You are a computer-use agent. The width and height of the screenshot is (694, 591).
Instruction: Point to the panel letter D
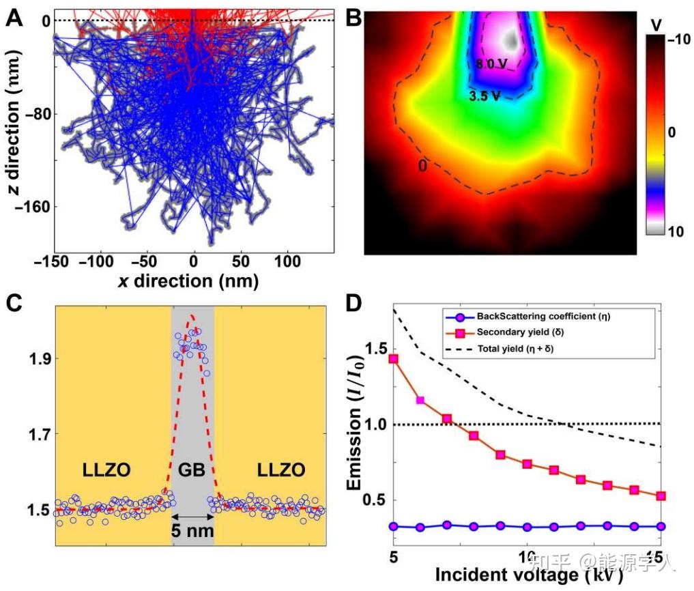353,302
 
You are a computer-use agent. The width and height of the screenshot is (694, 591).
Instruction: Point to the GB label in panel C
192,470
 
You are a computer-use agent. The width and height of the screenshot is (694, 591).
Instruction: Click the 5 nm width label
192,530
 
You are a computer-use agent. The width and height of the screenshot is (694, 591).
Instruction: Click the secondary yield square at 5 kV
393,359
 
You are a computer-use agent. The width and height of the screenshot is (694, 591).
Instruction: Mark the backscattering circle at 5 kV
393,526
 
